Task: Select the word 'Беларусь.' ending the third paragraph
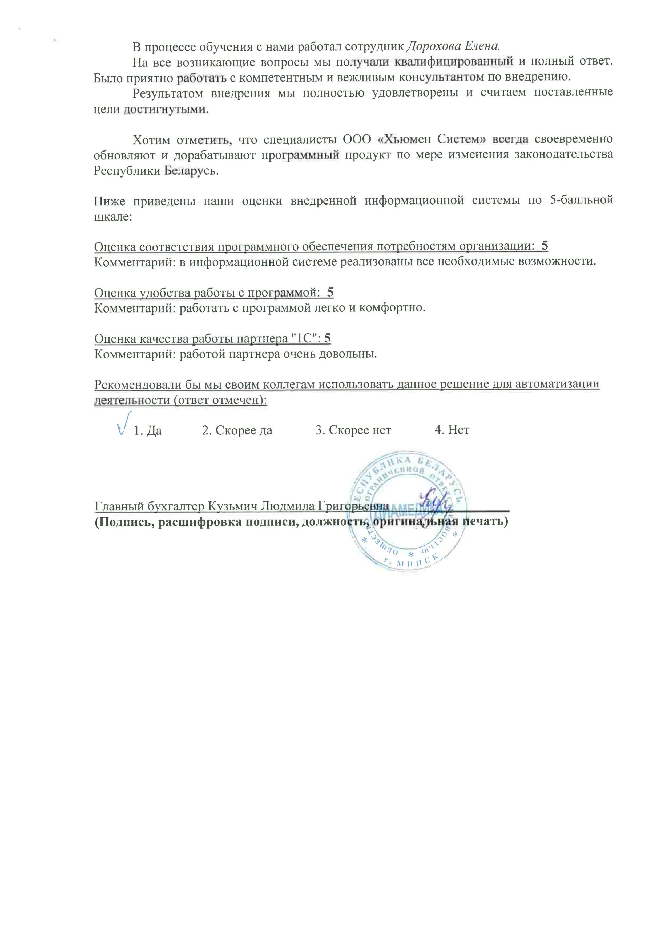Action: pos(191,171)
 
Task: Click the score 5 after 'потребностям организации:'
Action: pos(545,246)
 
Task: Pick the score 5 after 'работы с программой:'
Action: pos(330,292)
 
